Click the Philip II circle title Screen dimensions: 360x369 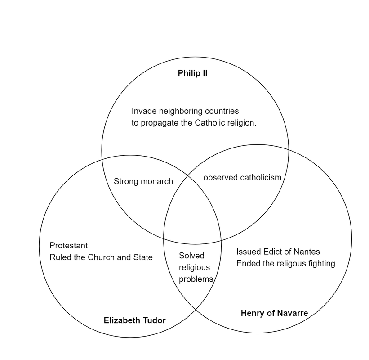[x=192, y=73]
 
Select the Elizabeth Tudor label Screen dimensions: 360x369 [x=134, y=320]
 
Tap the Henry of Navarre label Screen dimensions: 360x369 [x=274, y=313]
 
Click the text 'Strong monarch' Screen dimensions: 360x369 [x=143, y=181]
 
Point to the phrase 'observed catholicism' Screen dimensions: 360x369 [x=242, y=177]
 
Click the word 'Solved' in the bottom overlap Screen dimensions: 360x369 [x=191, y=256]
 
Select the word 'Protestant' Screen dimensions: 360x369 [x=68, y=246]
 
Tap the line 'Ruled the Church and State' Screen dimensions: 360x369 [x=101, y=257]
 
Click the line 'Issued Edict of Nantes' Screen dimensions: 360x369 [x=278, y=252]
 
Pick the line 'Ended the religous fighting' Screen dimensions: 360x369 [x=285, y=263]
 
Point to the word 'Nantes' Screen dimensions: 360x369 [x=307, y=252]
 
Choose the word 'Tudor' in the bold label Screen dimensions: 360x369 [x=154, y=320]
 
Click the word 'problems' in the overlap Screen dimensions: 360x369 [x=196, y=279]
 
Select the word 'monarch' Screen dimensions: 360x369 [x=157, y=181]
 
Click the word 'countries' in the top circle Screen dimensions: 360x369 [x=222, y=111]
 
